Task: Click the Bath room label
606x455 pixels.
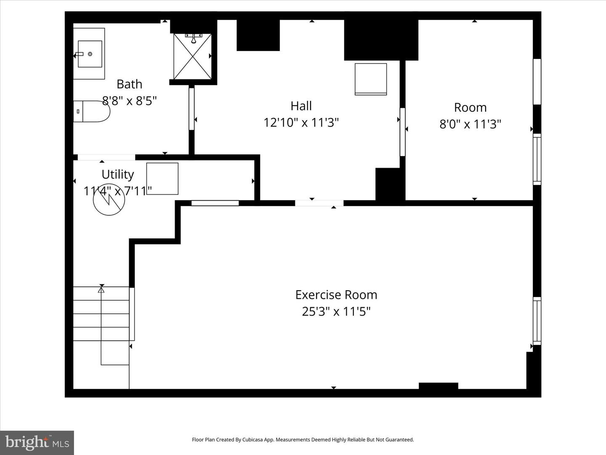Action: (129, 84)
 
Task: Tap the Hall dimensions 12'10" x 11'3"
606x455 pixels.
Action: (301, 123)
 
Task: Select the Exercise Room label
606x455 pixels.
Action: (336, 294)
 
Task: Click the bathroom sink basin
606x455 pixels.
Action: (90, 54)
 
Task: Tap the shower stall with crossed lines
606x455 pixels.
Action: (193, 56)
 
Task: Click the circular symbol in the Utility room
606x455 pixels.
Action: (109, 201)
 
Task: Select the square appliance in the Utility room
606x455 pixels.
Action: (162, 179)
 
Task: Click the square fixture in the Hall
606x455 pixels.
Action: (371, 79)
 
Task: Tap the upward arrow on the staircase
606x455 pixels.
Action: (101, 290)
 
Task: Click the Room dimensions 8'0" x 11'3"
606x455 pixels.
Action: (470, 124)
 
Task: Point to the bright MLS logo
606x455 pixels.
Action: (37, 442)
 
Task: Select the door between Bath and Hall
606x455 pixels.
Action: (191, 109)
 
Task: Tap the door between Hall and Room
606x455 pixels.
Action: (402, 132)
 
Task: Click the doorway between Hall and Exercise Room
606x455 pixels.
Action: (319, 203)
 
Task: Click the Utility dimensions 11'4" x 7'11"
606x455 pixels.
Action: (117, 191)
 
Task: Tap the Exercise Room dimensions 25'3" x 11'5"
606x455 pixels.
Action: (336, 312)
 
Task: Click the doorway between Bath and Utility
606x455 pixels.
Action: (106, 157)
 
